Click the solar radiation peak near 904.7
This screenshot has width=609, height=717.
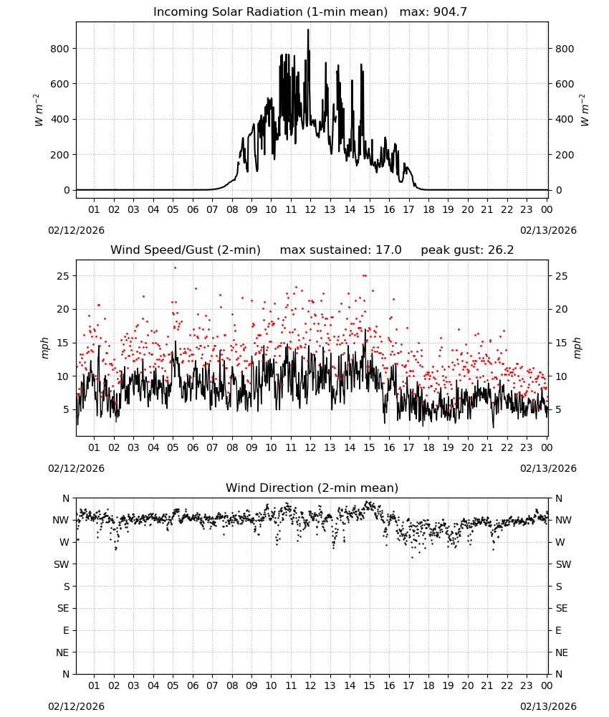(308, 30)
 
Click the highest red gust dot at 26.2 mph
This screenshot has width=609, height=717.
(175, 268)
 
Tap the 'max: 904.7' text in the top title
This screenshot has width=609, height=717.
(433, 12)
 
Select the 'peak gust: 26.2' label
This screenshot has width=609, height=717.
(467, 250)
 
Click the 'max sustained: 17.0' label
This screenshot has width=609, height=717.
(340, 250)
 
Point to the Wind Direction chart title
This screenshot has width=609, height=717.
(312, 488)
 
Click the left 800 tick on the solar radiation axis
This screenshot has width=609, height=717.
(60, 49)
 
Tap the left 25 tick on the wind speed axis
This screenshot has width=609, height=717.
(63, 276)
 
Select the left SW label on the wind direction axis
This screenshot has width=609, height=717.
(62, 564)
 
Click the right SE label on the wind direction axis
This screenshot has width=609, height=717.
(562, 608)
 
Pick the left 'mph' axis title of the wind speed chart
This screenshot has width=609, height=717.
(44, 348)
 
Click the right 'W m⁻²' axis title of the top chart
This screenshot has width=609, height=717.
(585, 110)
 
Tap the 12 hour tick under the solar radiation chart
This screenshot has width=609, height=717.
(310, 209)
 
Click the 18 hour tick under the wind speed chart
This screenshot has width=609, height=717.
(428, 447)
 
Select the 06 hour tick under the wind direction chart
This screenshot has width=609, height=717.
(192, 685)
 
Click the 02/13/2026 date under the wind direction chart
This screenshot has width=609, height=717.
(548, 706)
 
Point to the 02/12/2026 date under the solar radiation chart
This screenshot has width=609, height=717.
(76, 230)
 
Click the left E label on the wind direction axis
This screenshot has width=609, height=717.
(66, 630)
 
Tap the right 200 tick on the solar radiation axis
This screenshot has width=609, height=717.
(565, 155)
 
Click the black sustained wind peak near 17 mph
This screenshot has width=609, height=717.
(365, 329)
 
